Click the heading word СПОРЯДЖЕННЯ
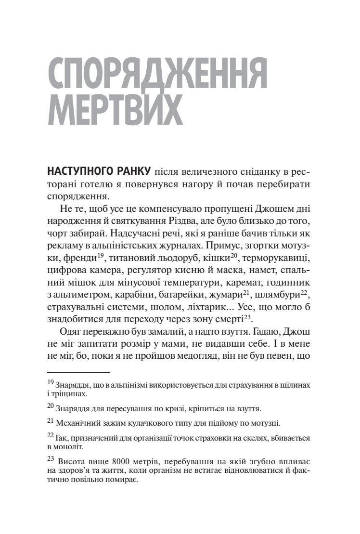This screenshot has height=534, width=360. click(x=158, y=74)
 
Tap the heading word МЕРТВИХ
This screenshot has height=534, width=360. click(x=115, y=109)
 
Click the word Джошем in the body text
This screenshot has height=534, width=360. click(x=278, y=209)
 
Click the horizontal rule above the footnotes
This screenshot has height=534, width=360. click(x=79, y=372)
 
